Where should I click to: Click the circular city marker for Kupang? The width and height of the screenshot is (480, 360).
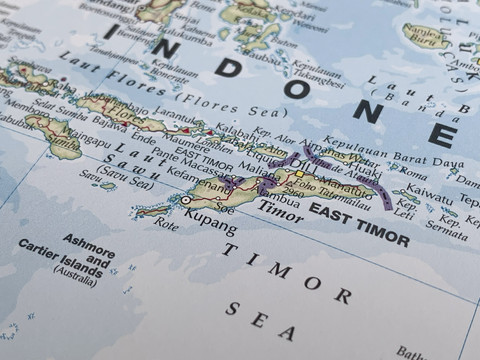pyautogui.click(x=185, y=201)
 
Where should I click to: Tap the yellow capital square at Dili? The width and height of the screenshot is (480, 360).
pyautogui.click(x=298, y=174)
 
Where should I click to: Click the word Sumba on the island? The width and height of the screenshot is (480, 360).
pyautogui.click(x=50, y=126)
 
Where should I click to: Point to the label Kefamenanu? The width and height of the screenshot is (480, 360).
pyautogui.click(x=196, y=177)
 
